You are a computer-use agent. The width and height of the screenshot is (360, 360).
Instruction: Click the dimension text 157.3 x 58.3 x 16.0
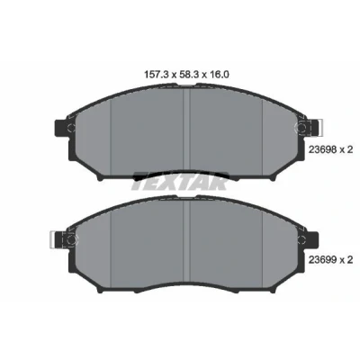187,75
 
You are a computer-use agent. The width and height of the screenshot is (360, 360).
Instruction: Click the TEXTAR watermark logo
180,181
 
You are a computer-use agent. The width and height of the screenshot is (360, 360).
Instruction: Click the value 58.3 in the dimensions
187,75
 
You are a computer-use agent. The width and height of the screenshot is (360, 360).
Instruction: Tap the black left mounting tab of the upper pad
60,127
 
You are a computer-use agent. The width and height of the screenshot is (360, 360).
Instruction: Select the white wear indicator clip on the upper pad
319,127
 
